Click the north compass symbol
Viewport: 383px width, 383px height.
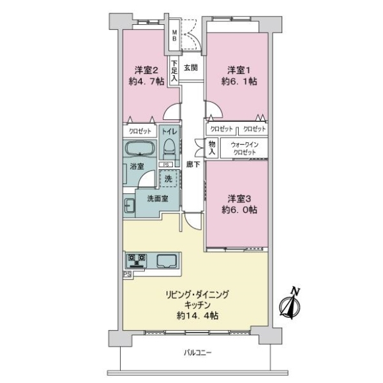pos(290,304)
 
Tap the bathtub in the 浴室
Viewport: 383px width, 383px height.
pos(140,149)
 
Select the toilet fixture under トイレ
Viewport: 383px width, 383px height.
pos(169,149)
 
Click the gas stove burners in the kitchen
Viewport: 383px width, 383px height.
pos(137,260)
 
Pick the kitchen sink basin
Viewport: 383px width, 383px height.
pos(167,261)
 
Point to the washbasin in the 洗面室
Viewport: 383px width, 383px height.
pos(129,206)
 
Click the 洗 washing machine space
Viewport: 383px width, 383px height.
pos(169,179)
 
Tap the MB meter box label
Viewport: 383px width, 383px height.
pos(174,35)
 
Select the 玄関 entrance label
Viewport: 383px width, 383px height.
pos(191,68)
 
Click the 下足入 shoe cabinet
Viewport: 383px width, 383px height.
pos(174,71)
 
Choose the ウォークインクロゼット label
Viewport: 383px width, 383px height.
pos(244,148)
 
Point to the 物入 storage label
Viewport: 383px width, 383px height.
pos(212,148)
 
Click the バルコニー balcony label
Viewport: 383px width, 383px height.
pos(197,352)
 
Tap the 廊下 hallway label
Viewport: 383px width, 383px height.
pos(193,165)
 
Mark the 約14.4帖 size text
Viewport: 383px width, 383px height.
pos(197,316)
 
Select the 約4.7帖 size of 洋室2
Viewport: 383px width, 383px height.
pos(146,81)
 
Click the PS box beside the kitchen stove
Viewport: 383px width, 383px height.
pos(127,274)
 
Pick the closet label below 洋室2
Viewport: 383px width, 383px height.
pos(140,131)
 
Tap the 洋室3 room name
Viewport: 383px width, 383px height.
pos(239,199)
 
